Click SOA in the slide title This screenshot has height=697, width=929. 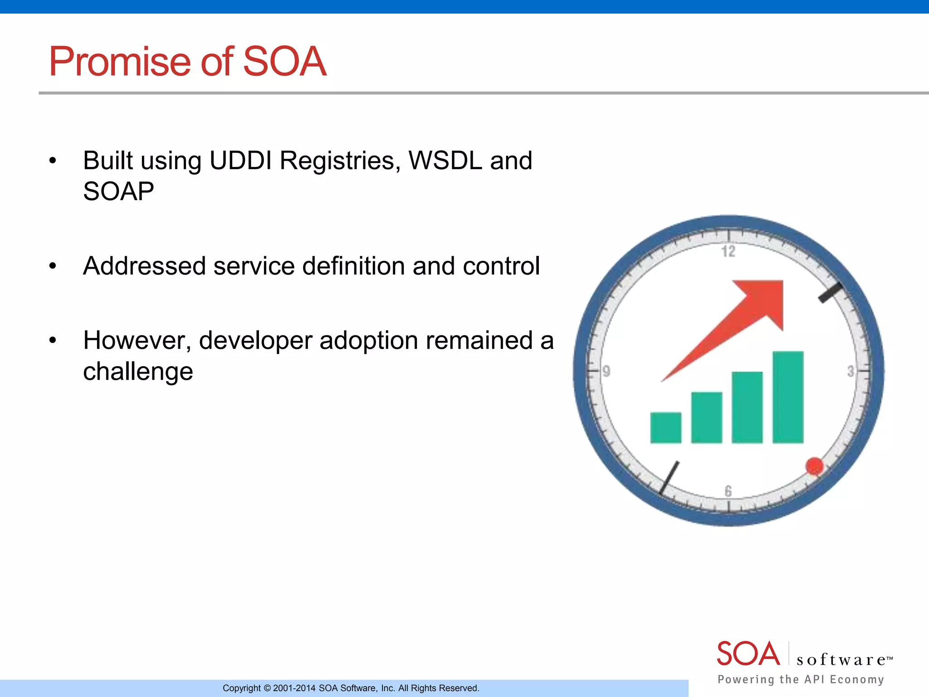[x=284, y=62]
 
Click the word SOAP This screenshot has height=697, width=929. [x=118, y=191]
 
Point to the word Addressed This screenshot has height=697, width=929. [x=144, y=266]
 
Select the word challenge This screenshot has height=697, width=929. [x=138, y=371]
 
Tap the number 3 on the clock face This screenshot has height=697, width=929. [x=851, y=372]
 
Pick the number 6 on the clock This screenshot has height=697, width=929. [x=729, y=491]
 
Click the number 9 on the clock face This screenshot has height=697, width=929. [x=606, y=372]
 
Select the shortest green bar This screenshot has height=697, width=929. [x=665, y=427]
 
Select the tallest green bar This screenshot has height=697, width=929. [x=788, y=397]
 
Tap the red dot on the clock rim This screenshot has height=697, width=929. [x=814, y=466]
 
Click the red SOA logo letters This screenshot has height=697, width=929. [x=748, y=654]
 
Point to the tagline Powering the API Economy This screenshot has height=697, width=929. [x=801, y=679]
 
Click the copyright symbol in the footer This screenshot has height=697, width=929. [x=267, y=688]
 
